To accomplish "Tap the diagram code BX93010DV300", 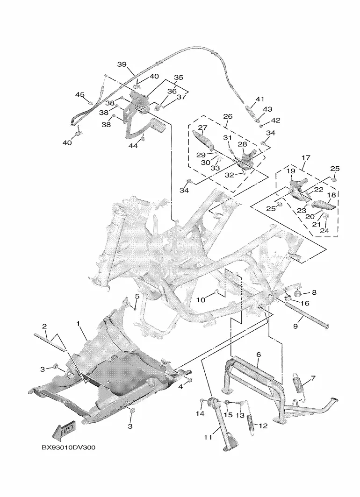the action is [x=68, y=447].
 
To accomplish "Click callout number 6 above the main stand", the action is [x=259, y=355].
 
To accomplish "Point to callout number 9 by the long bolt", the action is [x=295, y=326].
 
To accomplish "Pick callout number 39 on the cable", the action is [x=122, y=64].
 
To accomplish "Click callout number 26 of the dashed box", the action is [x=228, y=116].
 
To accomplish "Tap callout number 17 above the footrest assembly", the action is [x=306, y=157].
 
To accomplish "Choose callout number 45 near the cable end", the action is [x=80, y=94].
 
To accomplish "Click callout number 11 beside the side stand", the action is [x=208, y=437].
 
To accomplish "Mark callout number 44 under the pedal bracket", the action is [x=133, y=145].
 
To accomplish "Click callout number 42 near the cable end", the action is [x=276, y=121].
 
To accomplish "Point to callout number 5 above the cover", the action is [x=137, y=296].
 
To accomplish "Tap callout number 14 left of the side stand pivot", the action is [x=200, y=413].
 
